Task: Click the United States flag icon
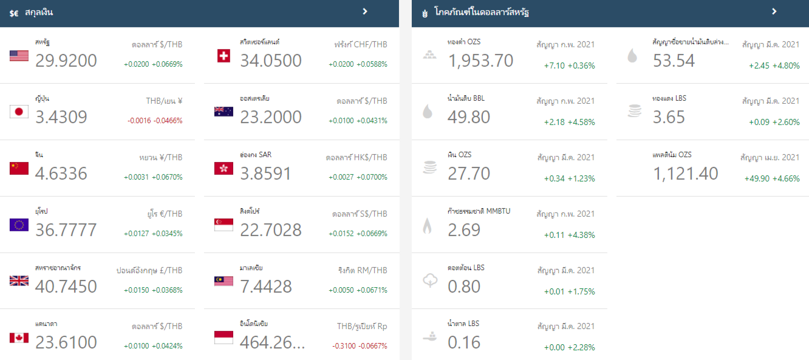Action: point(19,56)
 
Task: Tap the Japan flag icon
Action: point(19,112)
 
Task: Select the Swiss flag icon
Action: point(224,56)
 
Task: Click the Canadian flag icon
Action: point(19,338)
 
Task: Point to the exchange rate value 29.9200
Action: point(66,61)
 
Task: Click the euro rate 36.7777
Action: point(66,230)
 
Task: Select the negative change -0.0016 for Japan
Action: point(138,121)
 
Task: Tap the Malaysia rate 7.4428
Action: point(266,287)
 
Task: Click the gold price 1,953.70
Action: point(480,61)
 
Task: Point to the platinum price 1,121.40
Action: point(686,174)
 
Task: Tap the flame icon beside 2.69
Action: point(428,226)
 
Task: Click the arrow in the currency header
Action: point(365,12)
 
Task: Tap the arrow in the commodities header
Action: point(774,12)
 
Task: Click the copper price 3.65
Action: point(669,117)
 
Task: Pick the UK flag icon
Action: point(19,281)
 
